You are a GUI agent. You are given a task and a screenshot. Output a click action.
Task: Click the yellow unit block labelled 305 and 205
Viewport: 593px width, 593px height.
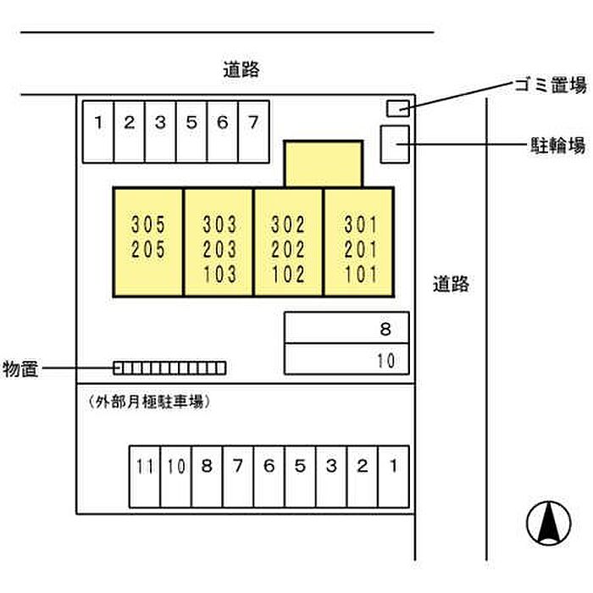click(x=148, y=242)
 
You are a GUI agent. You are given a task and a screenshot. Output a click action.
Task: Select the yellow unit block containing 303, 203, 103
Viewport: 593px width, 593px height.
click(x=219, y=242)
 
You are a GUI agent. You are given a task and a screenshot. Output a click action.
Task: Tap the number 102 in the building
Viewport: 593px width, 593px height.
click(x=288, y=274)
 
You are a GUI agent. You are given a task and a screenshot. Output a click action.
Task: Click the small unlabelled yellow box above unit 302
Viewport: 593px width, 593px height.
click(x=323, y=163)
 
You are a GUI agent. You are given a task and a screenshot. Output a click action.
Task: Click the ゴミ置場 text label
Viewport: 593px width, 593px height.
click(x=550, y=85)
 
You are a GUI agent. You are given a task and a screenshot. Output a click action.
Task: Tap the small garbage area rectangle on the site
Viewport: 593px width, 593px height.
click(x=397, y=108)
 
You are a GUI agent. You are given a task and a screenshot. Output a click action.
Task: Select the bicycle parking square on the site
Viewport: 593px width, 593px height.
click(x=394, y=144)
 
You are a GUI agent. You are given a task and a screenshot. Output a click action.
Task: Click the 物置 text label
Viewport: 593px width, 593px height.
click(x=19, y=369)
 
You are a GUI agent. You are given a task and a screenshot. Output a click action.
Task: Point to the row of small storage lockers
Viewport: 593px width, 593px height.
click(x=169, y=368)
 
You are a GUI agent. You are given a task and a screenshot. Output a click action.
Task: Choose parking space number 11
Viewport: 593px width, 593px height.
click(x=145, y=476)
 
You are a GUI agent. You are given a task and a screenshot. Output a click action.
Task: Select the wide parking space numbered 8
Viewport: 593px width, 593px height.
click(x=346, y=328)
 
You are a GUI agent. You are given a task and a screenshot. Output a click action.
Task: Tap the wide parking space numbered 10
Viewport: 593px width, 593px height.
click(x=346, y=359)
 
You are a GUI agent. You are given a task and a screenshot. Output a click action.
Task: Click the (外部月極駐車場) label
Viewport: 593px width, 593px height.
click(x=148, y=402)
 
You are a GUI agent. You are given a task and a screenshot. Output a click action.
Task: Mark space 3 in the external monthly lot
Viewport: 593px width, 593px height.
click(x=331, y=476)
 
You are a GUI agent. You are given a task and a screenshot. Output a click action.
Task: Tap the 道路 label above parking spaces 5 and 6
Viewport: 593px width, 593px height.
click(x=241, y=69)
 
